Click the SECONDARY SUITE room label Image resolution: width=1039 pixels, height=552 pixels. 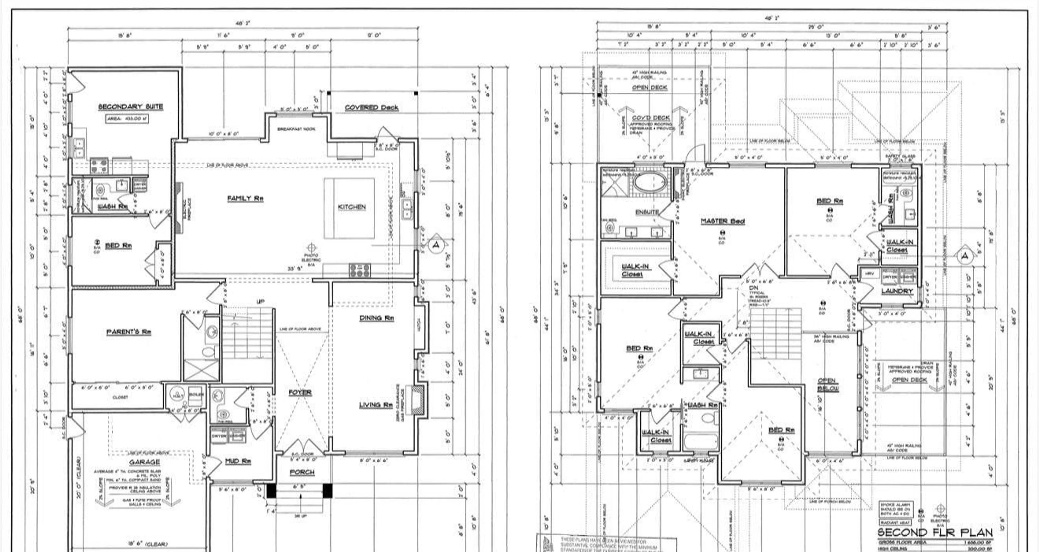tap(131, 106)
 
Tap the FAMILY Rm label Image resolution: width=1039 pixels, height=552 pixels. tap(245, 198)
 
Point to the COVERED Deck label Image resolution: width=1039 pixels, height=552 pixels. tap(371, 107)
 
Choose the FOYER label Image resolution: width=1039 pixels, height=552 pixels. tap(300, 392)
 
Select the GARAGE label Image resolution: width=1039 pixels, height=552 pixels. tap(144, 462)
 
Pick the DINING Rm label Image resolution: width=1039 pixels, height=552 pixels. tap(376, 318)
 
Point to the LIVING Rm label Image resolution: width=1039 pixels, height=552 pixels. tap(376, 405)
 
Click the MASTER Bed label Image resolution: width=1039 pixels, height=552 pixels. tap(722, 221)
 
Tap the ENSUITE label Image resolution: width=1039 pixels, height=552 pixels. tap(647, 212)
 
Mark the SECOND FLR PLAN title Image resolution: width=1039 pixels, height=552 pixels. tap(935, 532)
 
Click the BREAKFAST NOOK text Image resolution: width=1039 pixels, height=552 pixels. tap(297, 129)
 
